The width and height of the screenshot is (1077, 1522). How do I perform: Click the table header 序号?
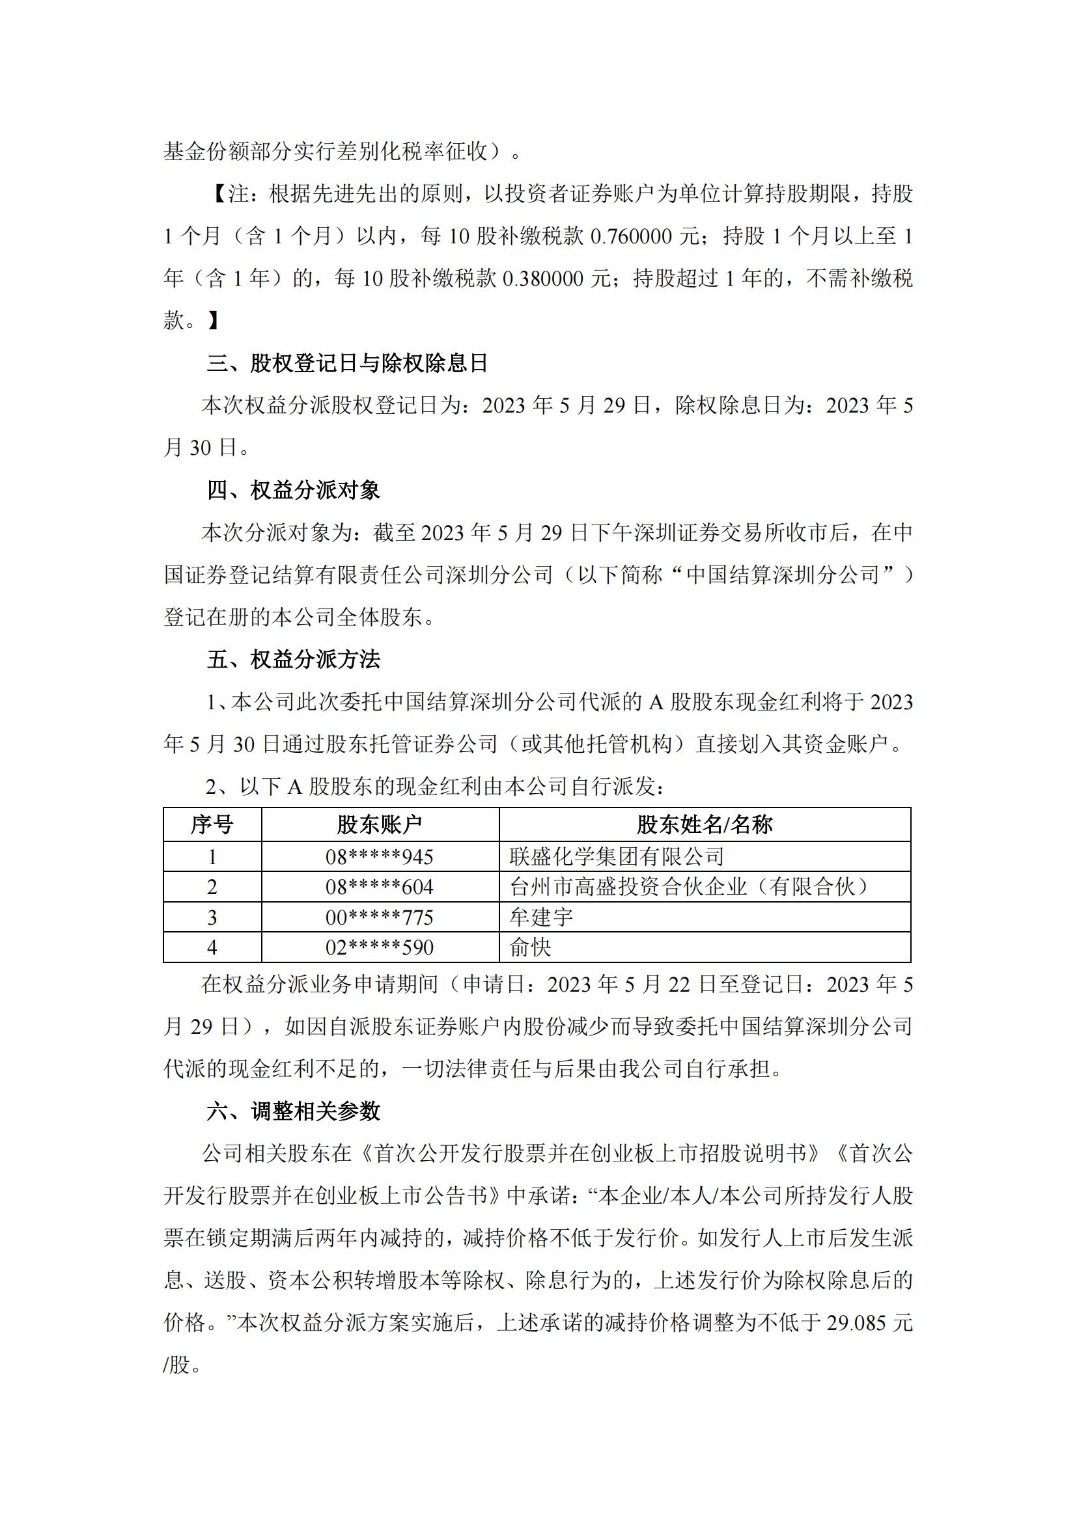212,824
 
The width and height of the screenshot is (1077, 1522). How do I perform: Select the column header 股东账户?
380,824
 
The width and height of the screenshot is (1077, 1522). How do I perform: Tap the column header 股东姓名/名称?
705,824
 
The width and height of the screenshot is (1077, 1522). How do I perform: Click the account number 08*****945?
380,857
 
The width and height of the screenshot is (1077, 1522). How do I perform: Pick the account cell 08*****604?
380,887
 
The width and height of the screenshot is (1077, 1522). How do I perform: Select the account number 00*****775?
380,917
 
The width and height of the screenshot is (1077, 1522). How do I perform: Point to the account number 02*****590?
380,947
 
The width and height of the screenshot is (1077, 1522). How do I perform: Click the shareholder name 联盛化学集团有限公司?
617,857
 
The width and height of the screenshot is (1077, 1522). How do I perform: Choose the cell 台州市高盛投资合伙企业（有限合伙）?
690,887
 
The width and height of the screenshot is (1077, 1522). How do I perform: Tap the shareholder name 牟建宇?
541,917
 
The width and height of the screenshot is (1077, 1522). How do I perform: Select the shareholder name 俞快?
531,947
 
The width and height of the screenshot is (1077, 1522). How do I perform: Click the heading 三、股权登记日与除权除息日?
348,363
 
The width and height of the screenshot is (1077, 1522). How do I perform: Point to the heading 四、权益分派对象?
293,491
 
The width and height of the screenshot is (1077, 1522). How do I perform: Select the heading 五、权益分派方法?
293,660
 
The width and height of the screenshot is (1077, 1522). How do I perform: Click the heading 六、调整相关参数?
293,1111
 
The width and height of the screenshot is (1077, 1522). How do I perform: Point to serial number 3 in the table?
212,917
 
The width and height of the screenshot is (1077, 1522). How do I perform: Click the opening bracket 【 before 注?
218,194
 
